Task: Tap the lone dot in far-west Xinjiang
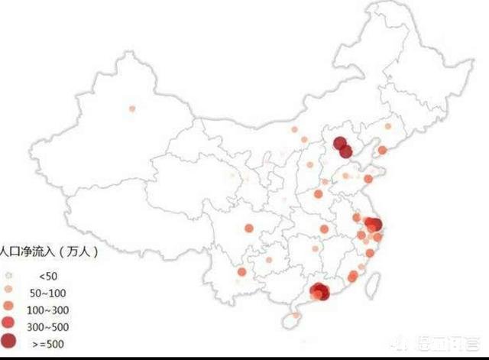pyautogui.click(x=132, y=109)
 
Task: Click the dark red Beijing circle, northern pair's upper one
pyautogui.click(x=340, y=142)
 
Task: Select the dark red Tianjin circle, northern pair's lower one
pyautogui.click(x=345, y=151)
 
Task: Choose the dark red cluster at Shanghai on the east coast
pyautogui.click(x=374, y=224)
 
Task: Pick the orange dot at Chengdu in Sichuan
pyautogui.click(x=248, y=227)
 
